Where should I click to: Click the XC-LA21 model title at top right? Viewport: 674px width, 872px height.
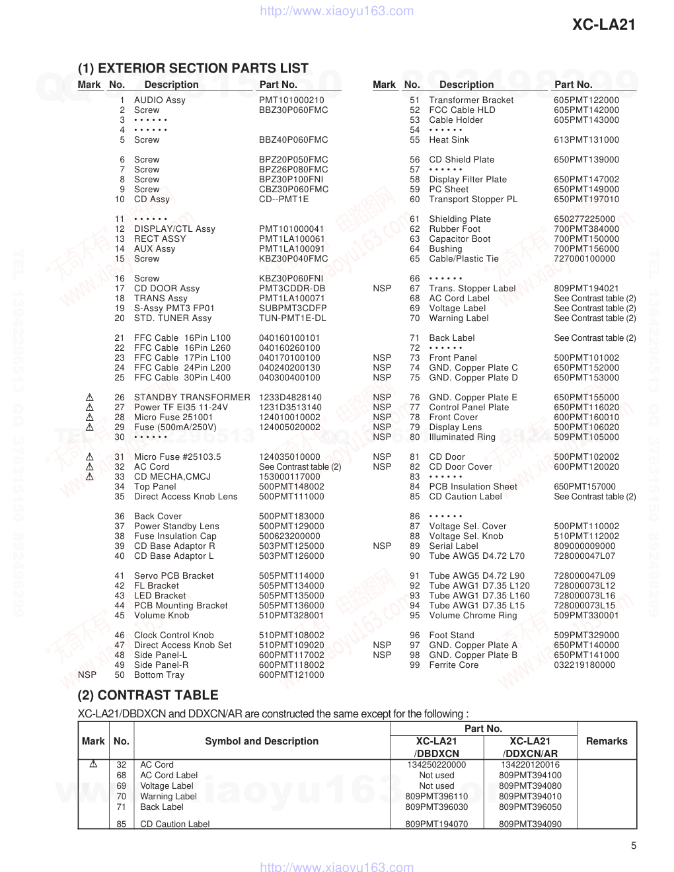[x=603, y=25]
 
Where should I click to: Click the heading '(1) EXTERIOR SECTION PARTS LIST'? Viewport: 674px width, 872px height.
[x=193, y=68]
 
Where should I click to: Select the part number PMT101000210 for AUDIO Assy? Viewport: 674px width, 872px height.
[x=291, y=100]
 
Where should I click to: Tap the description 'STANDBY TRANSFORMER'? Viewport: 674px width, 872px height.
[x=192, y=398]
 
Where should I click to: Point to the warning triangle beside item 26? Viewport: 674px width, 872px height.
[x=90, y=398]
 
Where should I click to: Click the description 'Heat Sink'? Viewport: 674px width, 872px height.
[x=449, y=140]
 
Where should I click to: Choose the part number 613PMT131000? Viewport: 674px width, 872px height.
[x=586, y=140]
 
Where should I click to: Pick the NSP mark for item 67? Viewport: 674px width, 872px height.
[x=382, y=289]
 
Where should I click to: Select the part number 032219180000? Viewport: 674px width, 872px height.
[x=584, y=665]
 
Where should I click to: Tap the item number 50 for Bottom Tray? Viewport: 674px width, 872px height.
[x=120, y=675]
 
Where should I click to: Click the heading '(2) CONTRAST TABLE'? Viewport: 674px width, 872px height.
[x=148, y=695]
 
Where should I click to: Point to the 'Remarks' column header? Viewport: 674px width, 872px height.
[x=606, y=741]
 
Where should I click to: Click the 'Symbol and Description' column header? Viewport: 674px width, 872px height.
[x=262, y=741]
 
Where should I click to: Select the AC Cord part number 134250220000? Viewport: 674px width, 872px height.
[x=436, y=765]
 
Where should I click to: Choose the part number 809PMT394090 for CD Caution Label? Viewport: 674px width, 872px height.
[x=530, y=824]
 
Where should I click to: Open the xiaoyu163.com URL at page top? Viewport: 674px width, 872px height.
[x=337, y=11]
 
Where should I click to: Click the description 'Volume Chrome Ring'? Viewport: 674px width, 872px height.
[x=472, y=616]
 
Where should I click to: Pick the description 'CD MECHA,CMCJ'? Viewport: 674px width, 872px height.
[x=172, y=477]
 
